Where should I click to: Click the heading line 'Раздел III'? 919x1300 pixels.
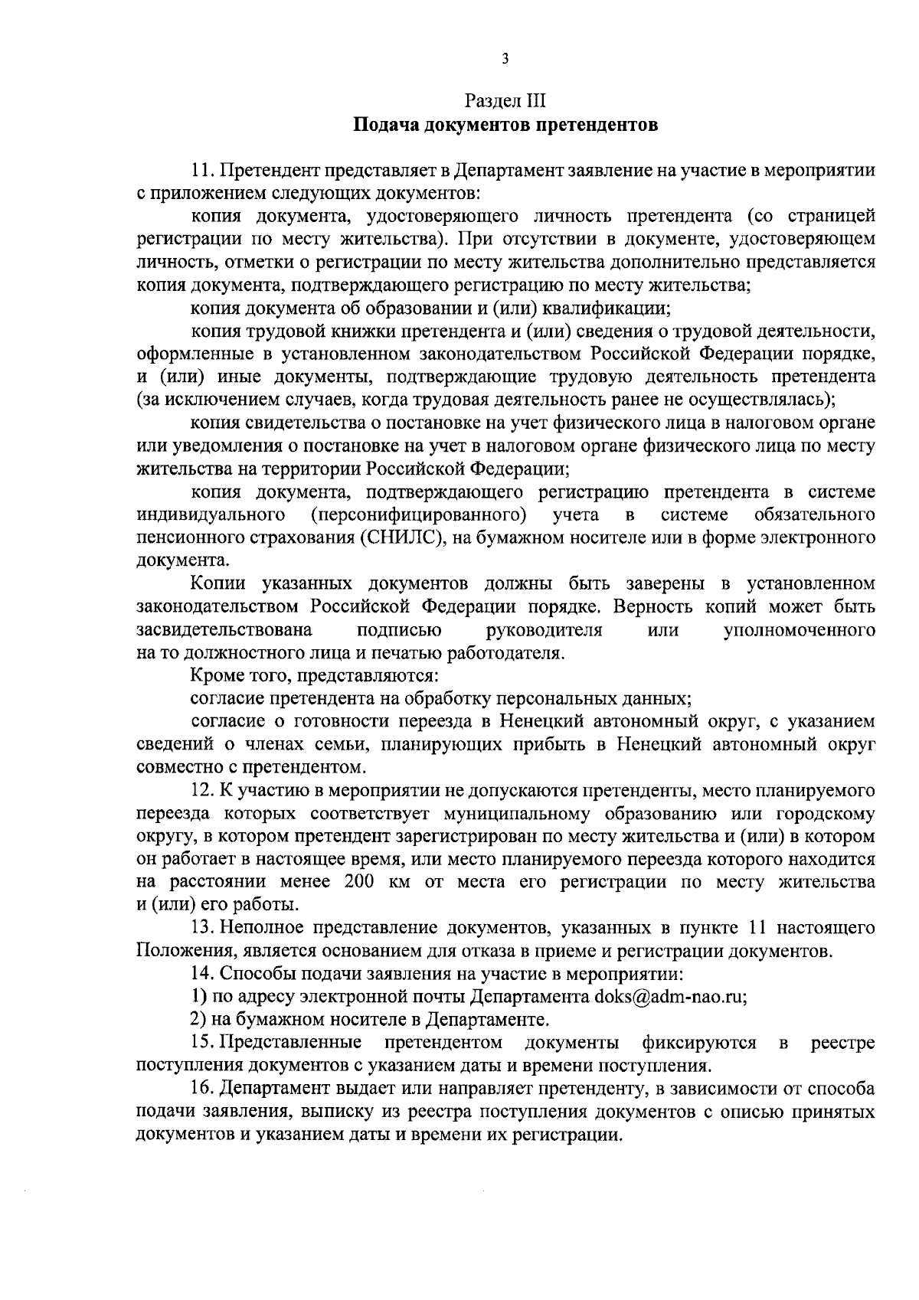[x=505, y=102]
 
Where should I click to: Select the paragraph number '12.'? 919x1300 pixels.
[x=203, y=790]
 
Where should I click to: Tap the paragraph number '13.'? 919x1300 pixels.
[x=203, y=928]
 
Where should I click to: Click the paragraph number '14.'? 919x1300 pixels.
[x=203, y=974]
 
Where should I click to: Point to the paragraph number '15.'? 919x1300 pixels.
[x=203, y=1043]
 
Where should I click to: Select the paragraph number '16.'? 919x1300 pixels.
[x=203, y=1089]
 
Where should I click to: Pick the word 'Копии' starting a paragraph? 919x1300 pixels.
[x=218, y=584]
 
